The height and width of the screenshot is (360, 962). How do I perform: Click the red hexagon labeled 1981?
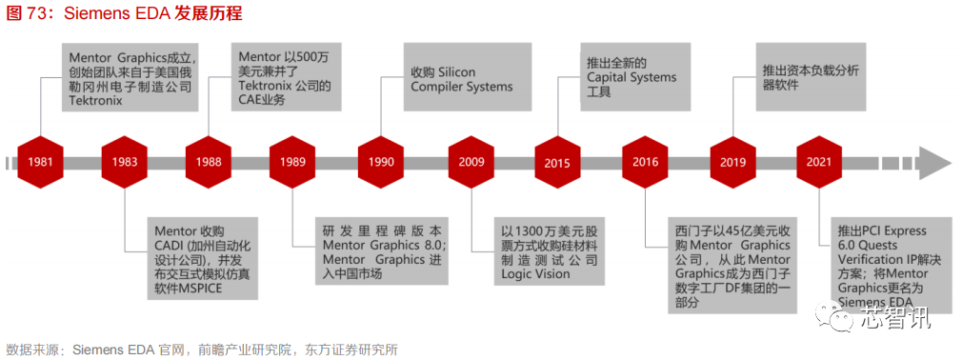(x=40, y=161)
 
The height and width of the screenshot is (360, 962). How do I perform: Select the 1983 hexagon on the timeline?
(x=125, y=161)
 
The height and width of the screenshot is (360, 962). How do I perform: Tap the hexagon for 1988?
(x=209, y=161)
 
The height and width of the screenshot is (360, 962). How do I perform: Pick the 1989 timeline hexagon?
(x=293, y=161)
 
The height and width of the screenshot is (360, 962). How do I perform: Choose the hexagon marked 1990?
(x=381, y=161)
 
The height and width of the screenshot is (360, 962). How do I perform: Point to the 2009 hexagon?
(x=471, y=161)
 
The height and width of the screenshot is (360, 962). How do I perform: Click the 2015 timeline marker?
(x=557, y=162)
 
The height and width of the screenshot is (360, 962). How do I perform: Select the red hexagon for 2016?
(x=645, y=161)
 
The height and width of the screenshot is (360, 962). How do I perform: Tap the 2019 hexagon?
(x=732, y=161)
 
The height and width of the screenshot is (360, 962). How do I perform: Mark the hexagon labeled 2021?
(x=821, y=161)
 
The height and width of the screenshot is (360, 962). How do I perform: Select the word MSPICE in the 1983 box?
(x=191, y=290)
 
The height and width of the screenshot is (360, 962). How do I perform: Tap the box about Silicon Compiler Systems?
(x=468, y=79)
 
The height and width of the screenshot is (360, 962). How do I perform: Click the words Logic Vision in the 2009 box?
(x=535, y=274)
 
